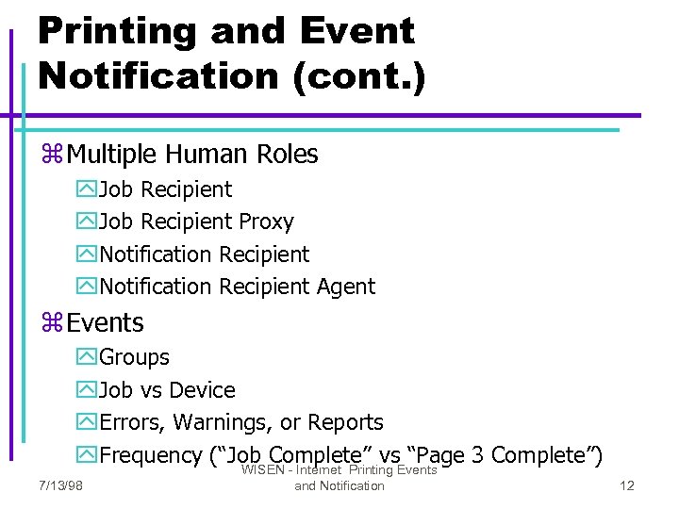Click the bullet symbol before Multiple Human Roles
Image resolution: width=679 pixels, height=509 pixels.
point(52,155)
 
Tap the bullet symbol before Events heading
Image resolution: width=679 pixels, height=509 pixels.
point(52,323)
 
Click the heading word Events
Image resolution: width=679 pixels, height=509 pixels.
point(106,323)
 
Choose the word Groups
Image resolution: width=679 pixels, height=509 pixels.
point(135,358)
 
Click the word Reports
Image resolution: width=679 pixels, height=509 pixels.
point(345,422)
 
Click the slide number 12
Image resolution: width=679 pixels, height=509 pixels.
point(627,485)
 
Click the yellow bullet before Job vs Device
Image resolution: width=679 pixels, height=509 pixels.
point(86,390)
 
